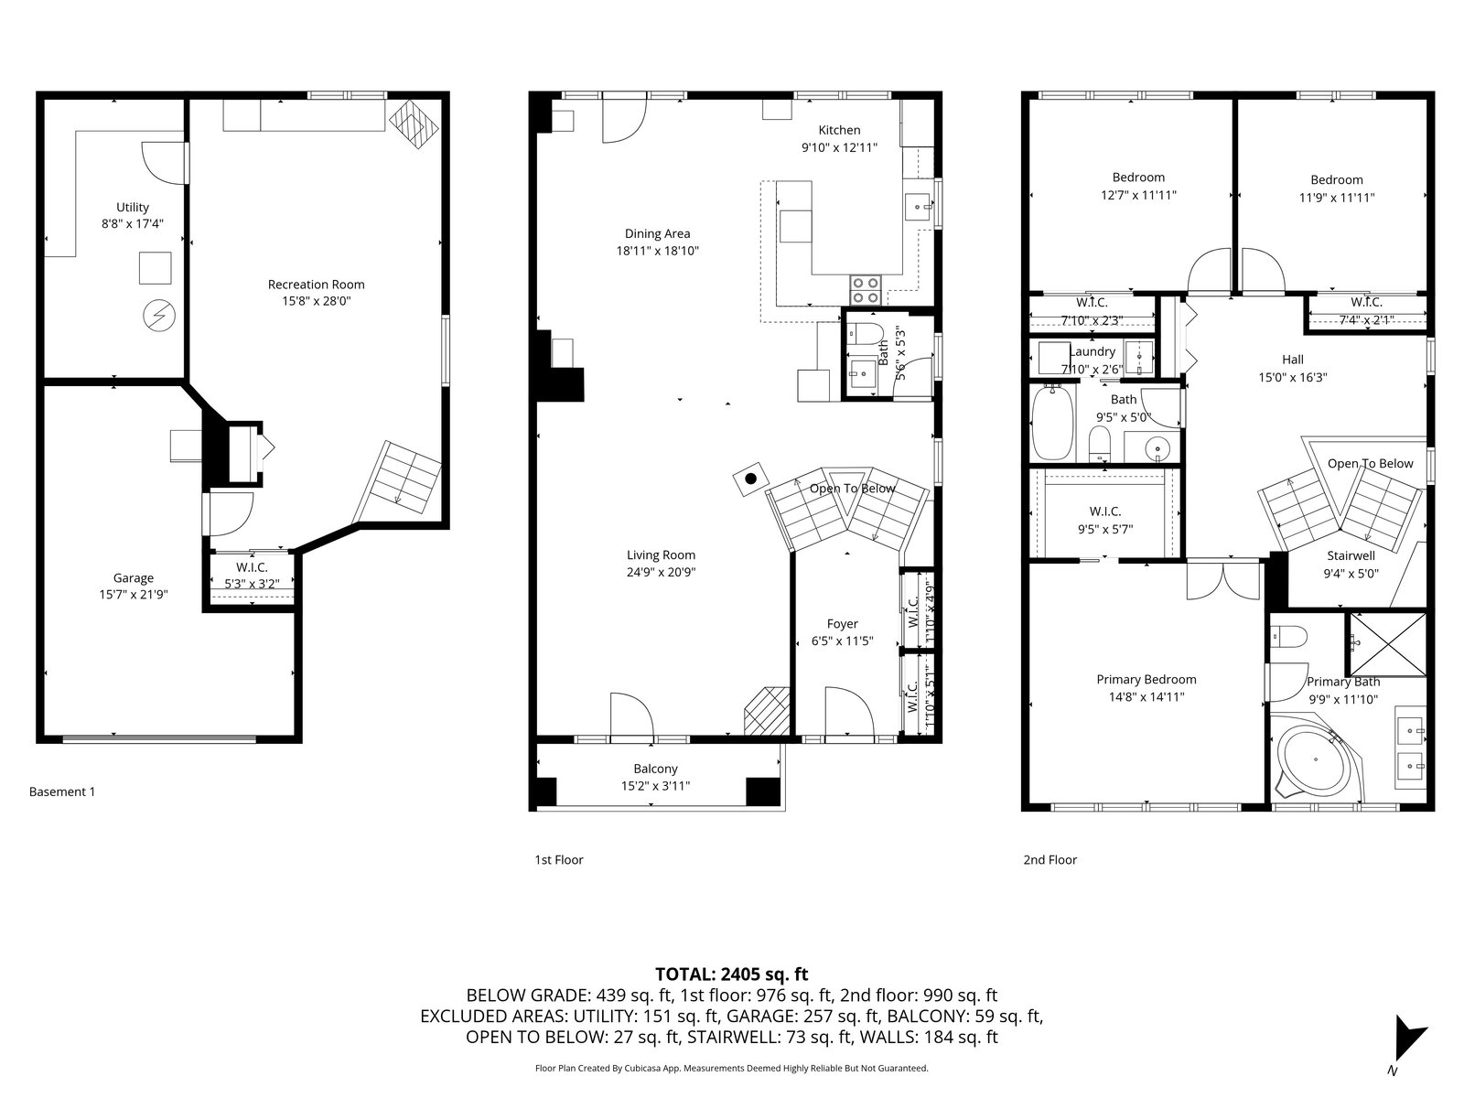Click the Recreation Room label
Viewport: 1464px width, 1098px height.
pyautogui.click(x=317, y=284)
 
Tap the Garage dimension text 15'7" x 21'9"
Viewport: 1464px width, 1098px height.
pyautogui.click(x=134, y=595)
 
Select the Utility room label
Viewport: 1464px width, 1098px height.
pyautogui.click(x=133, y=208)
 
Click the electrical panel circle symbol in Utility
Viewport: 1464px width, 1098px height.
pyautogui.click(x=159, y=316)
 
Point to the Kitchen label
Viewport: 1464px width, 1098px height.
pyautogui.click(x=839, y=130)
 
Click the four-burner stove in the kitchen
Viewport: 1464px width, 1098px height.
pyautogui.click(x=865, y=291)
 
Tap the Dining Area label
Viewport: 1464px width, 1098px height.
pyautogui.click(x=657, y=233)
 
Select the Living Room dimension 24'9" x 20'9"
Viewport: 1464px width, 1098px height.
pyautogui.click(x=661, y=572)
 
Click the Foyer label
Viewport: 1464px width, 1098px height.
pyautogui.click(x=843, y=624)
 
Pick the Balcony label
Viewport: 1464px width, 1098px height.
pyautogui.click(x=656, y=769)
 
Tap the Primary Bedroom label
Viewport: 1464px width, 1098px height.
pyautogui.click(x=1146, y=679)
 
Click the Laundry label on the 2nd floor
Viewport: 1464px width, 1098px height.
pyautogui.click(x=1093, y=351)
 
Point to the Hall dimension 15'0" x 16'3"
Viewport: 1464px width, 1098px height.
pyautogui.click(x=1293, y=377)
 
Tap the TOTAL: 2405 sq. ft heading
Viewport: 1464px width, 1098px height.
pyautogui.click(x=732, y=974)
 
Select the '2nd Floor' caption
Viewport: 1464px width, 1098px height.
pyautogui.click(x=1050, y=860)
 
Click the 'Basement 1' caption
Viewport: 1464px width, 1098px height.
pyautogui.click(x=62, y=791)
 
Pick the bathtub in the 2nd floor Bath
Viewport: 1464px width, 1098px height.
pyautogui.click(x=1052, y=422)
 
